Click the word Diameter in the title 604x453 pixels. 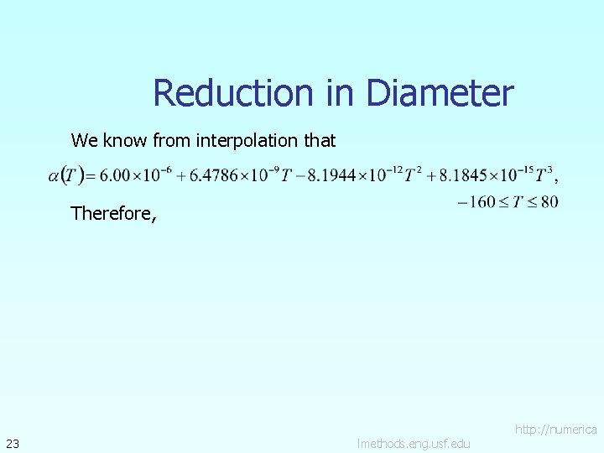coord(439,93)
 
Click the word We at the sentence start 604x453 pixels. coord(85,140)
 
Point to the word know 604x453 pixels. coord(126,140)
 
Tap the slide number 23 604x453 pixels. coord(13,443)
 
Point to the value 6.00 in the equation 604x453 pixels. coord(114,175)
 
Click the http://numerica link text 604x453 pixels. coord(555,429)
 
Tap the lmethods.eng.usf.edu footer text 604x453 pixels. coord(413,443)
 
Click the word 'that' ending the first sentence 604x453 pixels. coord(320,140)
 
